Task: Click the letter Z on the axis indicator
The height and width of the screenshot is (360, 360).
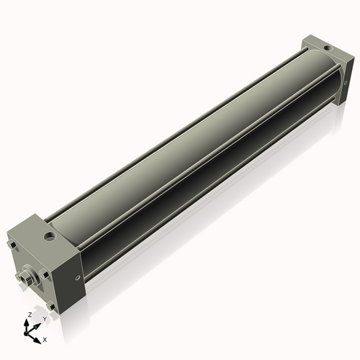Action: (28, 315)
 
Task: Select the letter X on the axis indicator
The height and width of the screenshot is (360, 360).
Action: (45, 338)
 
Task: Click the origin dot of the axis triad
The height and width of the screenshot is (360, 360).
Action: (29, 332)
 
